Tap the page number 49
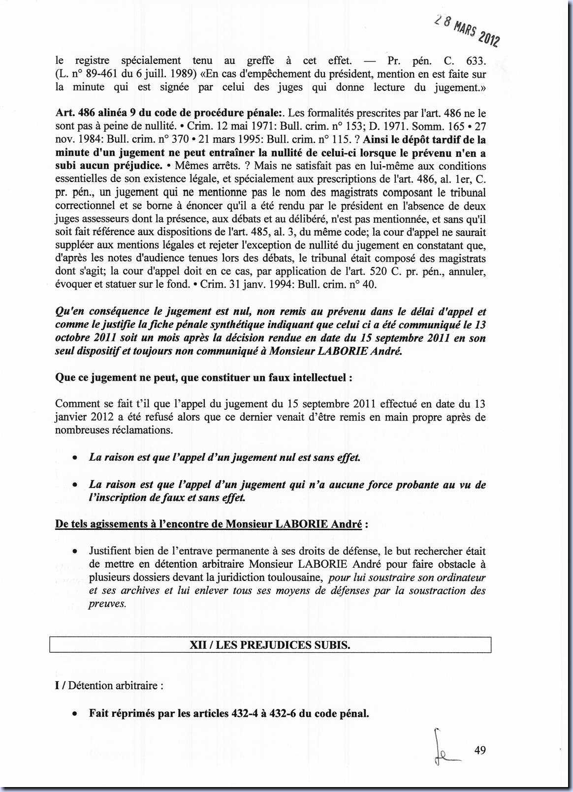pos(480,750)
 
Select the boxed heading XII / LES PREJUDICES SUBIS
pos(270,645)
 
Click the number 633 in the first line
pos(476,61)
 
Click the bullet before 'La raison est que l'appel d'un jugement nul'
pos(74,458)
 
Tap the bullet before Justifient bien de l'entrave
pos(74,552)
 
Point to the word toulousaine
pos(293,578)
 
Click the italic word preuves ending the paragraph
pos(107,604)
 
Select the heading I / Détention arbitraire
pos(109,685)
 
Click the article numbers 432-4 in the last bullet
pos(244,713)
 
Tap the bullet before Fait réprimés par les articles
pos(74,714)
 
